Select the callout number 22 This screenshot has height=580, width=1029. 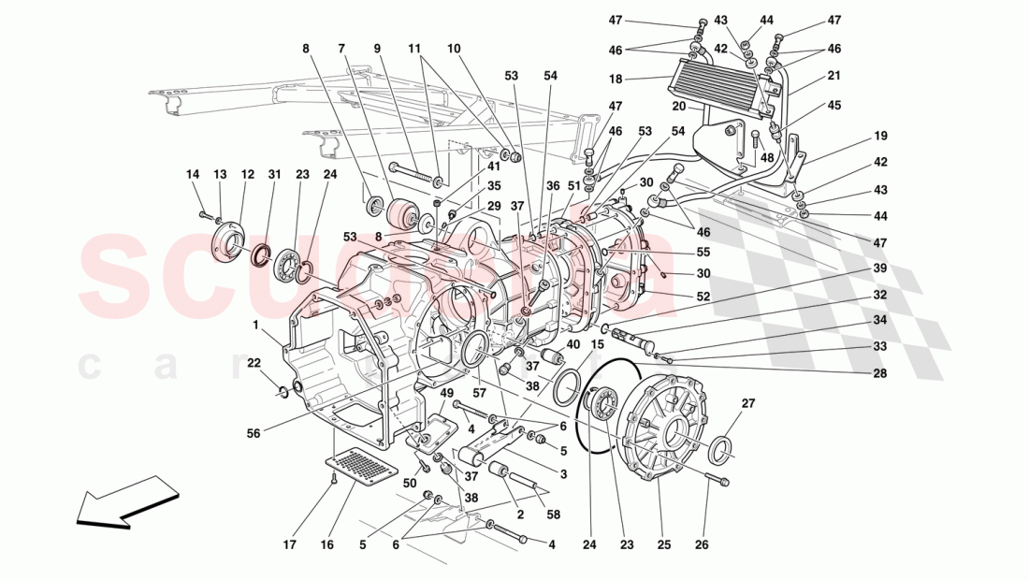[x=254, y=362]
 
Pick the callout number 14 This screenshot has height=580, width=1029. [x=193, y=174]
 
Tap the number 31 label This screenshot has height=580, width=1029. [x=274, y=174]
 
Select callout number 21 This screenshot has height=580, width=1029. [x=833, y=75]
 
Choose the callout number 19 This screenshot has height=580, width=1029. [x=880, y=136]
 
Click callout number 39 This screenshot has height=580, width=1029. [x=880, y=268]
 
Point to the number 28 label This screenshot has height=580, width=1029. [x=880, y=373]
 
